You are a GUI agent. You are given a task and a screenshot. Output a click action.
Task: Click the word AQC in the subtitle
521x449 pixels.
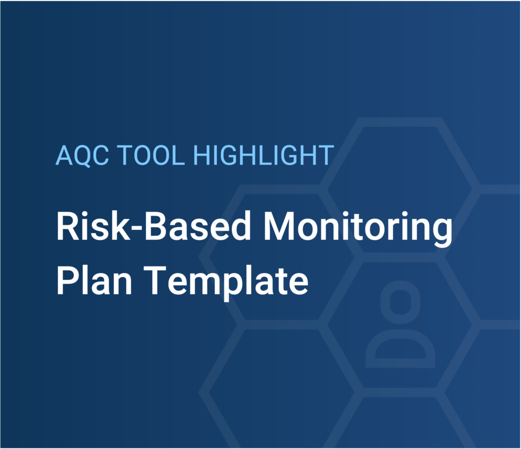82,156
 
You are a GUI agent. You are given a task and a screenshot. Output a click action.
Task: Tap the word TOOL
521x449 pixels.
151,155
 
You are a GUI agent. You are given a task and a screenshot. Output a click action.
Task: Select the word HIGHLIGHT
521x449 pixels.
264,155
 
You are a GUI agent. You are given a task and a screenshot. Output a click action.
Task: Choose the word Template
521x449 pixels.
226,283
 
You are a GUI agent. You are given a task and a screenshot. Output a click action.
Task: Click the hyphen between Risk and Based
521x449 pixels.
137,228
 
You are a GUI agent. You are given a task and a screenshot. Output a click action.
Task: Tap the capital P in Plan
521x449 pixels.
68,281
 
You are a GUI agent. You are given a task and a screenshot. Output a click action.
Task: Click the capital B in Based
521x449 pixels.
156,226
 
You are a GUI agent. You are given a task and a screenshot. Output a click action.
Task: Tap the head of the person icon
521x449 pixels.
400,302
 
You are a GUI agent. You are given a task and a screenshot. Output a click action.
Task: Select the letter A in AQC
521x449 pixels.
64,156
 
